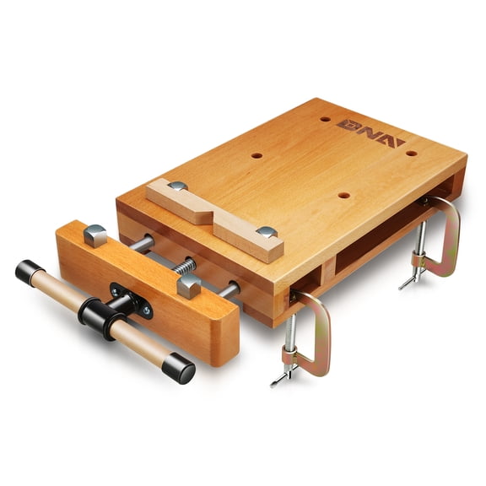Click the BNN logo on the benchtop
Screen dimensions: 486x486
(370, 128)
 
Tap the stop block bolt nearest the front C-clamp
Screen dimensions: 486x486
(267, 232)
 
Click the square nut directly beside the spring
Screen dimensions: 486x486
(189, 284)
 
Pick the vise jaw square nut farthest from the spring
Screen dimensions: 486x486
(95, 235)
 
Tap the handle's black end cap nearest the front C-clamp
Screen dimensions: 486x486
(178, 370)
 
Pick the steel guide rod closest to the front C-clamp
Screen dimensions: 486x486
(227, 289)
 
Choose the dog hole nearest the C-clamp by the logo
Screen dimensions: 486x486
(411, 153)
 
